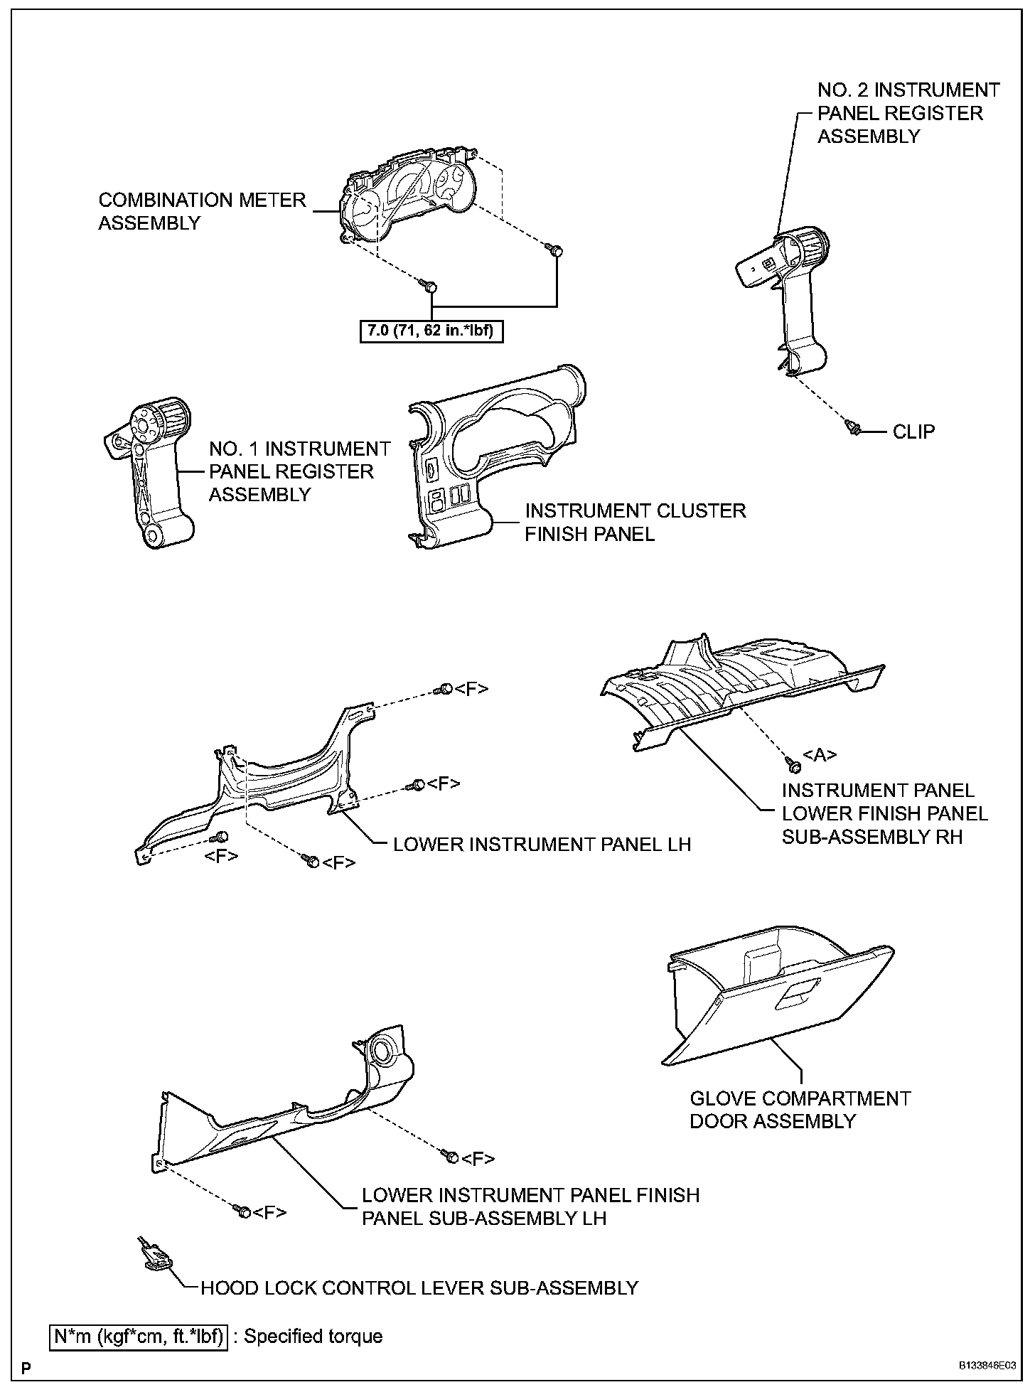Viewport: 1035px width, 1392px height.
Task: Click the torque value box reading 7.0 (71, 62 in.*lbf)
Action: click(x=431, y=332)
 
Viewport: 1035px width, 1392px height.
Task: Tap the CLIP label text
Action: click(x=913, y=432)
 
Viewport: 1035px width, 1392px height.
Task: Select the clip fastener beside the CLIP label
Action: click(x=854, y=427)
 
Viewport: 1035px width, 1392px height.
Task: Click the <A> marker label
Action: click(x=820, y=755)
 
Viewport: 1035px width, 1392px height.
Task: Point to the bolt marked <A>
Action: click(x=794, y=766)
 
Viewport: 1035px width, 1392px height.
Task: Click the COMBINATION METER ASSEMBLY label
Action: click(x=202, y=211)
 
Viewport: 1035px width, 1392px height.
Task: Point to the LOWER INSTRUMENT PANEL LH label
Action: click(x=542, y=844)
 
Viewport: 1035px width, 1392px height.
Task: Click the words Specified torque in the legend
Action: click(x=313, y=1337)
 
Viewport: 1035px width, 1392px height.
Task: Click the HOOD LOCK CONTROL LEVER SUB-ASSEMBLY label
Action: click(x=419, y=1287)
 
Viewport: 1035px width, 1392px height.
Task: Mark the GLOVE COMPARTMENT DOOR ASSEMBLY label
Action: click(x=800, y=1110)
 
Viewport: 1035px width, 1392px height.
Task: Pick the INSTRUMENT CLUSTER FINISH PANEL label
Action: click(x=635, y=522)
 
